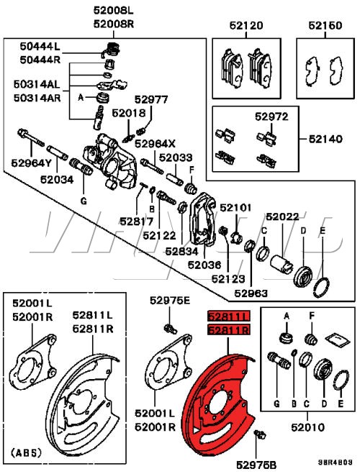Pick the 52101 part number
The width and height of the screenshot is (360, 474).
(x=237, y=208)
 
